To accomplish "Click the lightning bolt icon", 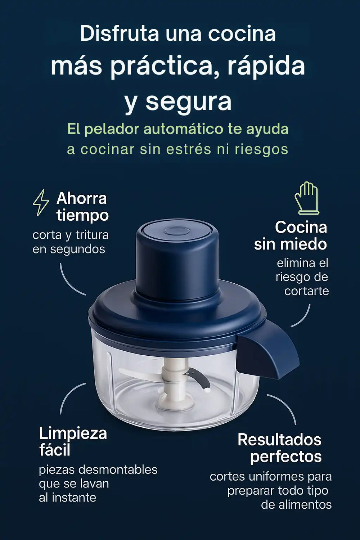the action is click(41, 202).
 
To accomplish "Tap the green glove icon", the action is click(307, 198).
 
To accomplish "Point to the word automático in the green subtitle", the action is click(184, 129).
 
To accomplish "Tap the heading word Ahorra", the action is click(81, 198).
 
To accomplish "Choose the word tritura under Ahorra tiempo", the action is click(92, 235).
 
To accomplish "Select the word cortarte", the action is click(306, 291).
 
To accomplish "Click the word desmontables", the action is click(118, 469).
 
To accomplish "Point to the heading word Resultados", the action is click(279, 440).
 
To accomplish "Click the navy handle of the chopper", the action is click(267, 351).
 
